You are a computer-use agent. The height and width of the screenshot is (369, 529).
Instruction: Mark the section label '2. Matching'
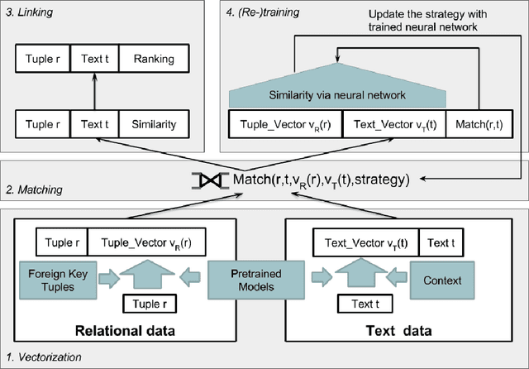(32, 189)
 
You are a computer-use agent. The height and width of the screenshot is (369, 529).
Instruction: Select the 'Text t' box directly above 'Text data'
(361, 304)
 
